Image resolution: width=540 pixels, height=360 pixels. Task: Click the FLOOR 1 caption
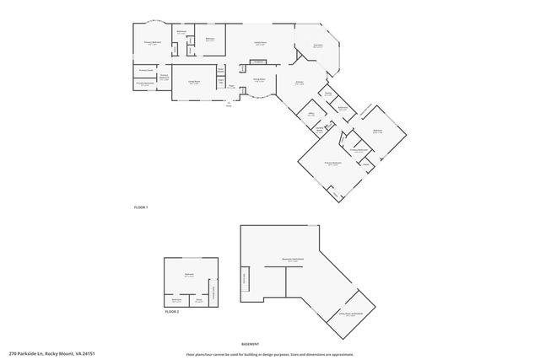pyautogui.click(x=141, y=207)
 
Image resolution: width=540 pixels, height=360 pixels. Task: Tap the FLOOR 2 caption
pyautogui.click(x=171, y=312)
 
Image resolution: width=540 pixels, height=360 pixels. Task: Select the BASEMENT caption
pyautogui.click(x=250, y=344)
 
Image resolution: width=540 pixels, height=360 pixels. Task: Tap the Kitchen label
pyautogui.click(x=299, y=83)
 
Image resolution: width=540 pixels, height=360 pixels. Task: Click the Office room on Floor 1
pyautogui.click(x=310, y=113)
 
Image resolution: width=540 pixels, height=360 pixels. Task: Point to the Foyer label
pyautogui.click(x=230, y=87)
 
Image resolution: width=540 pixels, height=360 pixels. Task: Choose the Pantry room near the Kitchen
pyautogui.click(x=327, y=94)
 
